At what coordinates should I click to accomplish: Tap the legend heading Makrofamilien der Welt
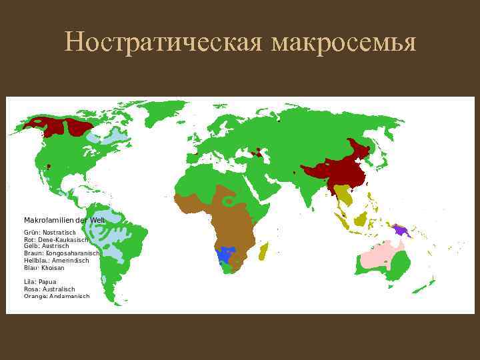coord(64,220)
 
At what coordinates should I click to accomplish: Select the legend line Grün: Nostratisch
coord(54,232)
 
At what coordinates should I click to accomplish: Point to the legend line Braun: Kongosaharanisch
coord(61,253)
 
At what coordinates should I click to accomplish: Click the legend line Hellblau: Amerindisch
coord(56,261)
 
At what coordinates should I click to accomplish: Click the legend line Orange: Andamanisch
coord(57,296)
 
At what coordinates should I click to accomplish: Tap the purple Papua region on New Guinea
coord(401,230)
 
